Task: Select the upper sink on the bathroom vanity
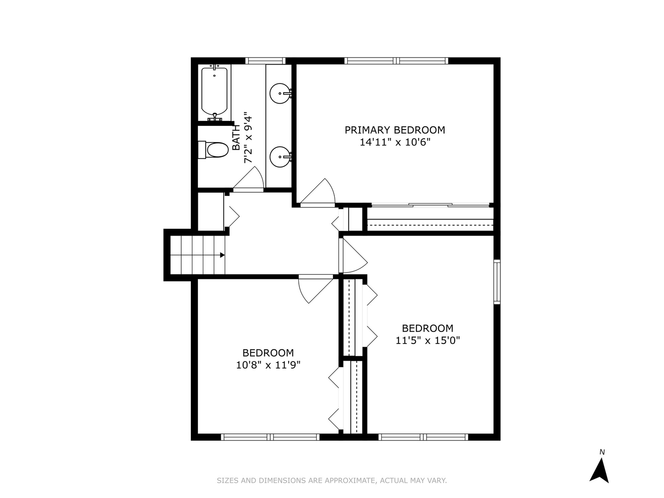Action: (279, 94)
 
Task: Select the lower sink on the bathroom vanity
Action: (279, 157)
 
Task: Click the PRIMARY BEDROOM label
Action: (395, 130)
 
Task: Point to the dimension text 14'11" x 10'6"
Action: (395, 142)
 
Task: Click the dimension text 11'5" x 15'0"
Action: (428, 341)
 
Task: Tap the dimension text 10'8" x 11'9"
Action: (268, 365)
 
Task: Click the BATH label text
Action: (236, 138)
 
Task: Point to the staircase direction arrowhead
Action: (222, 255)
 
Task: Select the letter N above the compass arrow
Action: (602, 452)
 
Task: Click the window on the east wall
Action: (497, 282)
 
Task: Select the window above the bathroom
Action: (265, 60)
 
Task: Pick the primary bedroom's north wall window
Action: (396, 60)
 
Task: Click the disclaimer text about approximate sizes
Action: (332, 480)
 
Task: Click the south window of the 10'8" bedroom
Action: (270, 437)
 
